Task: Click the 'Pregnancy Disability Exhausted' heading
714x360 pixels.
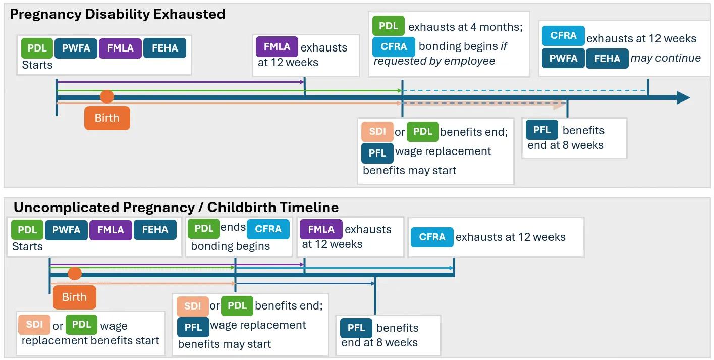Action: point(117,14)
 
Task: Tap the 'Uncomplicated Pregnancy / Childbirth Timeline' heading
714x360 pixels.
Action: point(176,207)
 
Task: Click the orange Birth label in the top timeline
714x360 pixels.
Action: point(107,118)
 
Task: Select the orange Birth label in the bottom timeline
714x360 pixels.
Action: point(74,297)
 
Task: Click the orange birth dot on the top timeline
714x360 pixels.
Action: point(107,97)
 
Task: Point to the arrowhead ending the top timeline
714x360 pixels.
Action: point(683,97)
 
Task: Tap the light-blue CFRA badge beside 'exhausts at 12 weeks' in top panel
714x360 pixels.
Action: point(563,36)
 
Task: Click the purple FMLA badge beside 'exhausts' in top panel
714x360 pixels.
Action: point(277,46)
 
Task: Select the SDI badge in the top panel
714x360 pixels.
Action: point(377,132)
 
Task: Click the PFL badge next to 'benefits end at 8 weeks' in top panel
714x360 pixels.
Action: point(541,130)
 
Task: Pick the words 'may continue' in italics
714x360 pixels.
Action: point(666,58)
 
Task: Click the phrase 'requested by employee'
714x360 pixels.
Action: point(434,61)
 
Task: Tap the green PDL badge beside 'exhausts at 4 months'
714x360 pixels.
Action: point(388,26)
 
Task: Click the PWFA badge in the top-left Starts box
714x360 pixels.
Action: point(76,48)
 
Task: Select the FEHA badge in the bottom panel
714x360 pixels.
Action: point(155,230)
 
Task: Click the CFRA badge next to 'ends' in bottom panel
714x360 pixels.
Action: point(268,229)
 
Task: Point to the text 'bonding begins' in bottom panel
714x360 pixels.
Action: point(230,246)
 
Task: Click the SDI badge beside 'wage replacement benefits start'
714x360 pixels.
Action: point(34,324)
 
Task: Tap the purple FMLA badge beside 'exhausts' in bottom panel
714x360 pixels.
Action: point(321,229)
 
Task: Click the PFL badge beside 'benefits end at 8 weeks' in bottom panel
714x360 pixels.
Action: point(356,328)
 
